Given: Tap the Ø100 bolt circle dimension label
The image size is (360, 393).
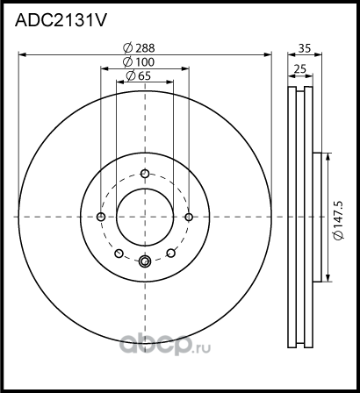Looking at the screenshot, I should pyautogui.click(x=139, y=62).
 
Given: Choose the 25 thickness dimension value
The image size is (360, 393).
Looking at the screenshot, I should pyautogui.click(x=300, y=68).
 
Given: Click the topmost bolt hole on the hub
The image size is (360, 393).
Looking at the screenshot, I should pyautogui.click(x=146, y=173).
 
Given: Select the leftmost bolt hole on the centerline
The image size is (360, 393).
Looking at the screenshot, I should pyautogui.click(x=102, y=217).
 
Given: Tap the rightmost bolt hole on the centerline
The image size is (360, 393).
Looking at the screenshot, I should pyautogui.click(x=189, y=217).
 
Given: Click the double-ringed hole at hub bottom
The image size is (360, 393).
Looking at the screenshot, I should pyautogui.click(x=146, y=260).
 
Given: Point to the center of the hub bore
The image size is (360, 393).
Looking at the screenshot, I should pyautogui.click(x=146, y=217).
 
